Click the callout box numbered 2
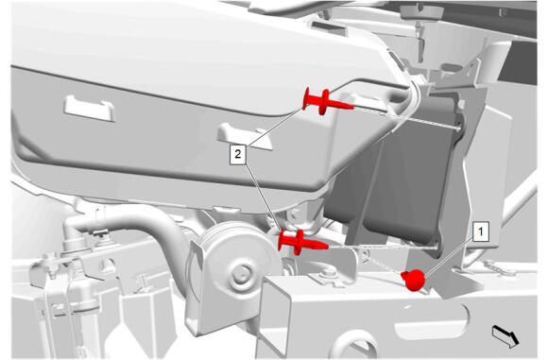[238, 154]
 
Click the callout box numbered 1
[481, 231]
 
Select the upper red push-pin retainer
[327, 101]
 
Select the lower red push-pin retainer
[302, 242]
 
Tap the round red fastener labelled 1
[414, 279]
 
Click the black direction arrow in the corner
[505, 336]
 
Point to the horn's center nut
[241, 274]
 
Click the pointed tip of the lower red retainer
[328, 247]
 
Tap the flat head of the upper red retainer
[306, 99]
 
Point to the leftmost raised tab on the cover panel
[89, 109]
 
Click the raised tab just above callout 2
[245, 136]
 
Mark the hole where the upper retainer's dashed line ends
[458, 129]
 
